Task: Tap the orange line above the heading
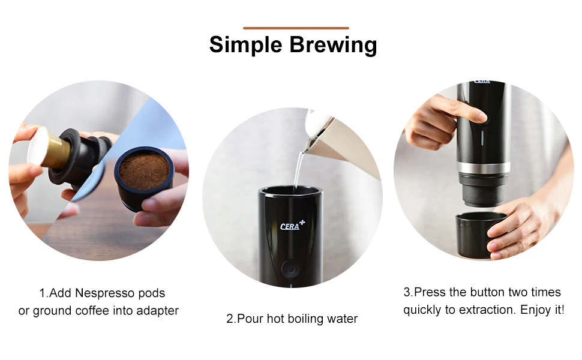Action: click(x=296, y=28)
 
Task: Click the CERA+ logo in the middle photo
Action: click(x=292, y=226)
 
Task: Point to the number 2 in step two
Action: click(x=229, y=319)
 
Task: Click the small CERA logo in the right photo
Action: click(x=482, y=82)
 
